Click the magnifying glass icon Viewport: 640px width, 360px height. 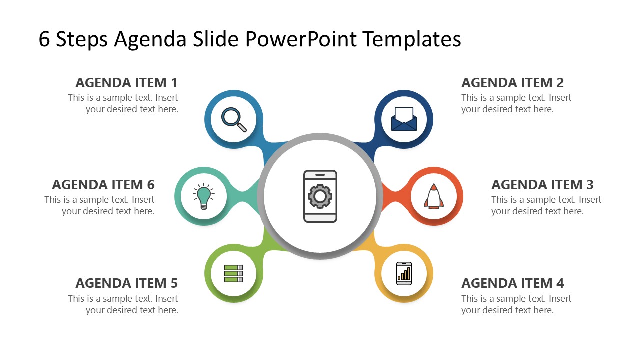[x=234, y=120]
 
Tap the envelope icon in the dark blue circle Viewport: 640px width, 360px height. [x=404, y=119]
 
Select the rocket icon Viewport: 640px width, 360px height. [x=433, y=196]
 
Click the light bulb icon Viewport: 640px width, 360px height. [x=204, y=196]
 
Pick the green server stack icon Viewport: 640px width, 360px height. [x=233, y=274]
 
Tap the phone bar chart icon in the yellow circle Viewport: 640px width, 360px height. [x=404, y=273]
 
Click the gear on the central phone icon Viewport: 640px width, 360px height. [x=320, y=196]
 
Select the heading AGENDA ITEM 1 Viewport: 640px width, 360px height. [x=126, y=83]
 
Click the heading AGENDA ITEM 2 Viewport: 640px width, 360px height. [x=512, y=83]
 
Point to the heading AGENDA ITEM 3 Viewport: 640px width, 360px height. [x=542, y=185]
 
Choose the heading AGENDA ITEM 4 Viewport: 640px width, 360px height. [x=512, y=283]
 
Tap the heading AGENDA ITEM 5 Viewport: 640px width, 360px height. [x=126, y=283]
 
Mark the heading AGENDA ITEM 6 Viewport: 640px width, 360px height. [x=103, y=185]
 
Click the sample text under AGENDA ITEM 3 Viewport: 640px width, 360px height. [x=546, y=205]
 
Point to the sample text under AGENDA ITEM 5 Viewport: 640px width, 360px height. [x=123, y=304]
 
